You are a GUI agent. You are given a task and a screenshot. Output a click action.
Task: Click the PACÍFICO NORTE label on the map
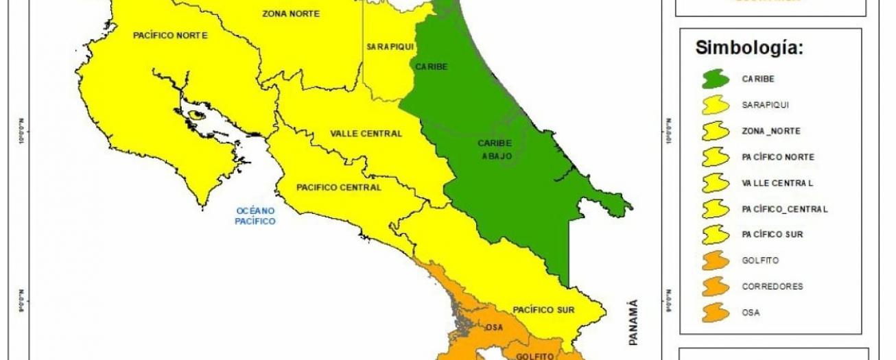[170, 36]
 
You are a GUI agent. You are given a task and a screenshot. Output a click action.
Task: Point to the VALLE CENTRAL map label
[366, 134]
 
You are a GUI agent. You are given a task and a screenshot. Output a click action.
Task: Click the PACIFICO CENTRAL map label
[338, 187]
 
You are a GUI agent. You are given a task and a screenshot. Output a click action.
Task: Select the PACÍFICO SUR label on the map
[543, 310]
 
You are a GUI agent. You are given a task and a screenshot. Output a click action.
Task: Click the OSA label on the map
[494, 328]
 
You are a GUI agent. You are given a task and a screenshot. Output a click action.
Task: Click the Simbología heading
[749, 48]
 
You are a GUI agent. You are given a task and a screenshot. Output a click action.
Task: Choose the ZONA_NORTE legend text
[770, 131]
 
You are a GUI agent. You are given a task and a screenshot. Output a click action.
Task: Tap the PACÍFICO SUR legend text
[772, 235]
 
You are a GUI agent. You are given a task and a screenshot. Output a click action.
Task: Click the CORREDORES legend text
[772, 287]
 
